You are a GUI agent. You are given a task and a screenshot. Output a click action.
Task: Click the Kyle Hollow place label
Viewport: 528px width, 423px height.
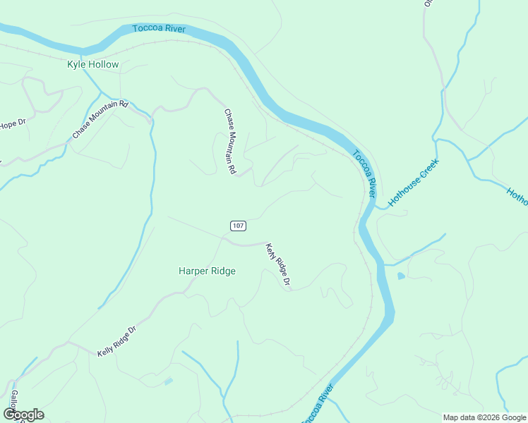click(x=92, y=64)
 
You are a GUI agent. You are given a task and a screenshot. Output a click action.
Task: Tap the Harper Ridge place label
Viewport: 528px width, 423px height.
click(x=207, y=271)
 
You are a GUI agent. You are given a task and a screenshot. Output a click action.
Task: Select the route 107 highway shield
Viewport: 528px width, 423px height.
click(x=238, y=226)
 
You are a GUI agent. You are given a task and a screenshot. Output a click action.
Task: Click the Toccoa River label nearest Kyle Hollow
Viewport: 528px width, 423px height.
click(x=158, y=29)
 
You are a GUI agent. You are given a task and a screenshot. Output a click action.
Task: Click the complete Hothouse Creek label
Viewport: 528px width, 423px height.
click(x=414, y=182)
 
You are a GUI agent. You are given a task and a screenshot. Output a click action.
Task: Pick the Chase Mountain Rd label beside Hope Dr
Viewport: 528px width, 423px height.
click(x=100, y=120)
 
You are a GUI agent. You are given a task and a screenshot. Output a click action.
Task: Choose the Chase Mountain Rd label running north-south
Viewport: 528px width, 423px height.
click(x=229, y=142)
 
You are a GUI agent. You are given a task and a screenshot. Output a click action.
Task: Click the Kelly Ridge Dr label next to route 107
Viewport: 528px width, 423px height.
click(x=278, y=266)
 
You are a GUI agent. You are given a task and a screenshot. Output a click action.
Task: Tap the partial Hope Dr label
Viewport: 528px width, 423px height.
click(x=12, y=124)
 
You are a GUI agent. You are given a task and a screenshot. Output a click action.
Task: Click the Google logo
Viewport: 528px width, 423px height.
click(x=23, y=415)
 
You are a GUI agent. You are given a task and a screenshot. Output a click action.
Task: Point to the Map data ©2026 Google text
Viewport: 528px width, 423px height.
click(x=484, y=417)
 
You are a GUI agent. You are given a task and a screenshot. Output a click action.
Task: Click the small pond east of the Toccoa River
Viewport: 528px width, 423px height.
click(x=401, y=276)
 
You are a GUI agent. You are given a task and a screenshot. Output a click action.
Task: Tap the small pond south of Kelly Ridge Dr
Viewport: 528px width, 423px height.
click(x=167, y=381)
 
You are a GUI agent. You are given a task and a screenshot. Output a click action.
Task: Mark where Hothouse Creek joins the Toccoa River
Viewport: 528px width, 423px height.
click(x=376, y=207)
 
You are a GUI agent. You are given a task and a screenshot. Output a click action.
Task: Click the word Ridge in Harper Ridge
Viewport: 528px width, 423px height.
click(x=222, y=271)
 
